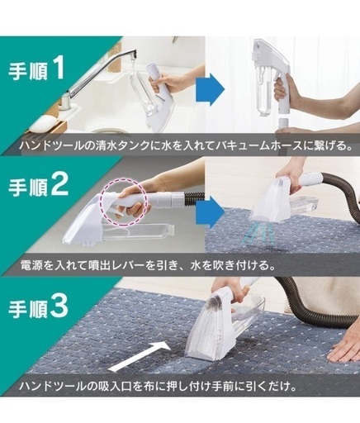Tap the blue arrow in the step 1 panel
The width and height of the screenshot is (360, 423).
(211, 89)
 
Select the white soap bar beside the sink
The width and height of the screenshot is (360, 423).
(43, 123)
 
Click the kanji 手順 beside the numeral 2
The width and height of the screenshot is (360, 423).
(28, 188)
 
